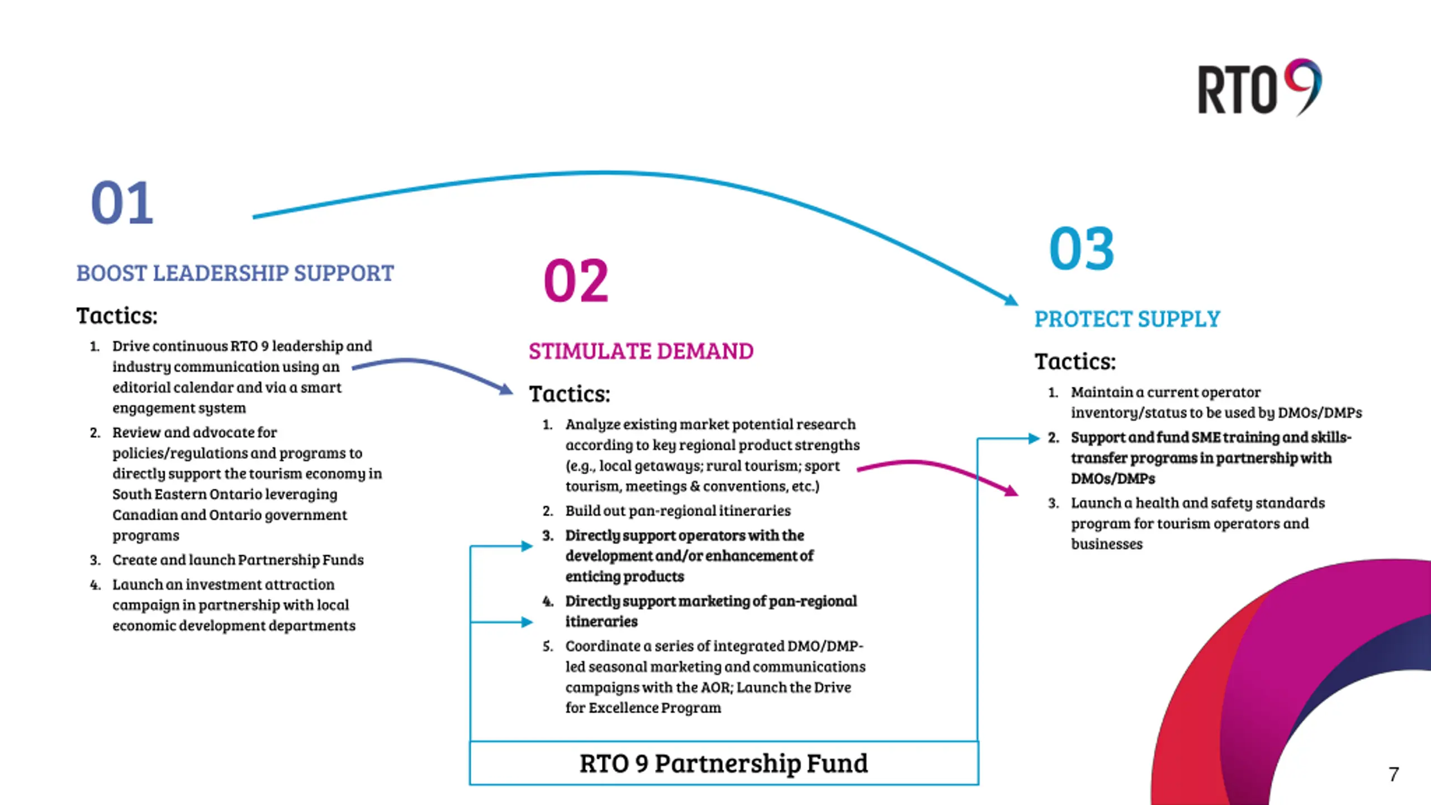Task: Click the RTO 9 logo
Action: point(1259,88)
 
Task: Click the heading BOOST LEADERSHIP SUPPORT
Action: point(235,273)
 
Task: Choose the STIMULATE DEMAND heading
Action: point(641,352)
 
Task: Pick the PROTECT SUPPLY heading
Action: point(1127,319)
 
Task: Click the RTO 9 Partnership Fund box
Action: point(724,764)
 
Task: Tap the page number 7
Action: point(1394,774)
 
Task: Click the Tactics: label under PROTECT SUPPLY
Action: point(1075,362)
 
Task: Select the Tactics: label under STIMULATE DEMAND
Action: point(570,394)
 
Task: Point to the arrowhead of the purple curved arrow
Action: point(506,389)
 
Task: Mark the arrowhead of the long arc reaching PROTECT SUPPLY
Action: point(1011,301)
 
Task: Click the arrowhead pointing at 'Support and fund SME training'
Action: point(1034,439)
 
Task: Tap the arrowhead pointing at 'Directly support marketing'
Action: point(527,622)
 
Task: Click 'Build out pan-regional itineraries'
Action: point(677,511)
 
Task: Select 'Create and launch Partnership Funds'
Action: point(238,560)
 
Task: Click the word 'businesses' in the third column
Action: point(1107,544)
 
